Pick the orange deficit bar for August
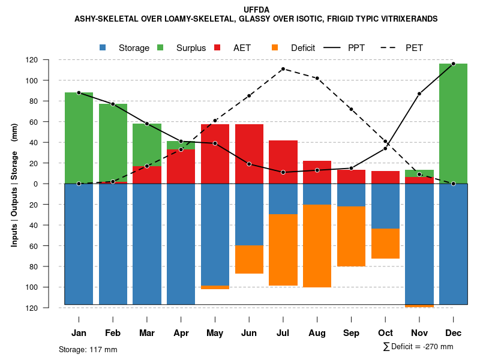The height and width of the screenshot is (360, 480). point(317,246)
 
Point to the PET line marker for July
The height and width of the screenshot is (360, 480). point(283,68)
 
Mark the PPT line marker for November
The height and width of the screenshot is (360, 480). point(419,94)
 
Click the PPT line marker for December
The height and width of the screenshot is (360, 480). point(453,64)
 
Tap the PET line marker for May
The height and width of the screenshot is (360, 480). point(215,121)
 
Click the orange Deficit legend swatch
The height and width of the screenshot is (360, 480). point(275,47)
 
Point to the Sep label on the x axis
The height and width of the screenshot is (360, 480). point(351,333)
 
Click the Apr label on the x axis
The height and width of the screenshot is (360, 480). point(181,333)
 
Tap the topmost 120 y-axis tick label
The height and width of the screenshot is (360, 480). point(49,60)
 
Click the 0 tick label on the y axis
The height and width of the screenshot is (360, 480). point(52,184)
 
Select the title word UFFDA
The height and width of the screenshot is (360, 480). point(256,10)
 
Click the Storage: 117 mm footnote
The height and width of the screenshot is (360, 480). point(88,349)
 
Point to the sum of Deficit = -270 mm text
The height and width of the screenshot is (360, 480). point(418,347)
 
